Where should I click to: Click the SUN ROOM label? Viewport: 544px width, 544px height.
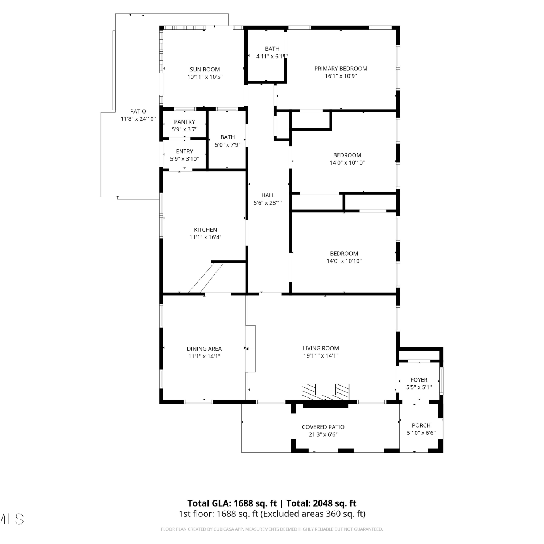[x=205, y=69]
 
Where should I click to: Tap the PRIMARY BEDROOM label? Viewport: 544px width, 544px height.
[x=341, y=69]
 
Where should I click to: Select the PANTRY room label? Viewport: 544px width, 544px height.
[x=184, y=122]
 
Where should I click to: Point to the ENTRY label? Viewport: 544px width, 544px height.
[x=184, y=151]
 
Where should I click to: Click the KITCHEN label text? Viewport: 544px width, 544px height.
[x=205, y=230]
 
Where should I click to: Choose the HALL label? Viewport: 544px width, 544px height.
[x=268, y=195]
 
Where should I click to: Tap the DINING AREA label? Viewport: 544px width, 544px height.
[x=204, y=349]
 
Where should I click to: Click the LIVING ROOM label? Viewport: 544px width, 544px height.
[x=321, y=348]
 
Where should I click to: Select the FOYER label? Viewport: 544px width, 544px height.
[x=419, y=380]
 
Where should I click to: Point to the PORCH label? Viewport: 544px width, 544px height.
[x=421, y=425]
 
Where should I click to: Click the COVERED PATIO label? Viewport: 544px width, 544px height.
[x=323, y=427]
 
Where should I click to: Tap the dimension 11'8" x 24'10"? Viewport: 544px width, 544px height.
[x=138, y=119]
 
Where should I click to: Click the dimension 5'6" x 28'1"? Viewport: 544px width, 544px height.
[x=268, y=203]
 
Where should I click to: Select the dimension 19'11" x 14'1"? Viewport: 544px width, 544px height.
[x=321, y=356]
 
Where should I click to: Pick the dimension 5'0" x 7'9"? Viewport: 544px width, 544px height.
[x=227, y=145]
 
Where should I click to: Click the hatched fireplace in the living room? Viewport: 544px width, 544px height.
[x=326, y=392]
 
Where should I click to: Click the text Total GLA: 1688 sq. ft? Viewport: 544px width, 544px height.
[x=232, y=503]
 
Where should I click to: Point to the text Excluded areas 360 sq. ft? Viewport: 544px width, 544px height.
[x=313, y=514]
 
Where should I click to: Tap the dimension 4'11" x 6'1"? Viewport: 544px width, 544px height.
[x=272, y=56]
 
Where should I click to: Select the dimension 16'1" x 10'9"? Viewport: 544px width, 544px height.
[x=341, y=76]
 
